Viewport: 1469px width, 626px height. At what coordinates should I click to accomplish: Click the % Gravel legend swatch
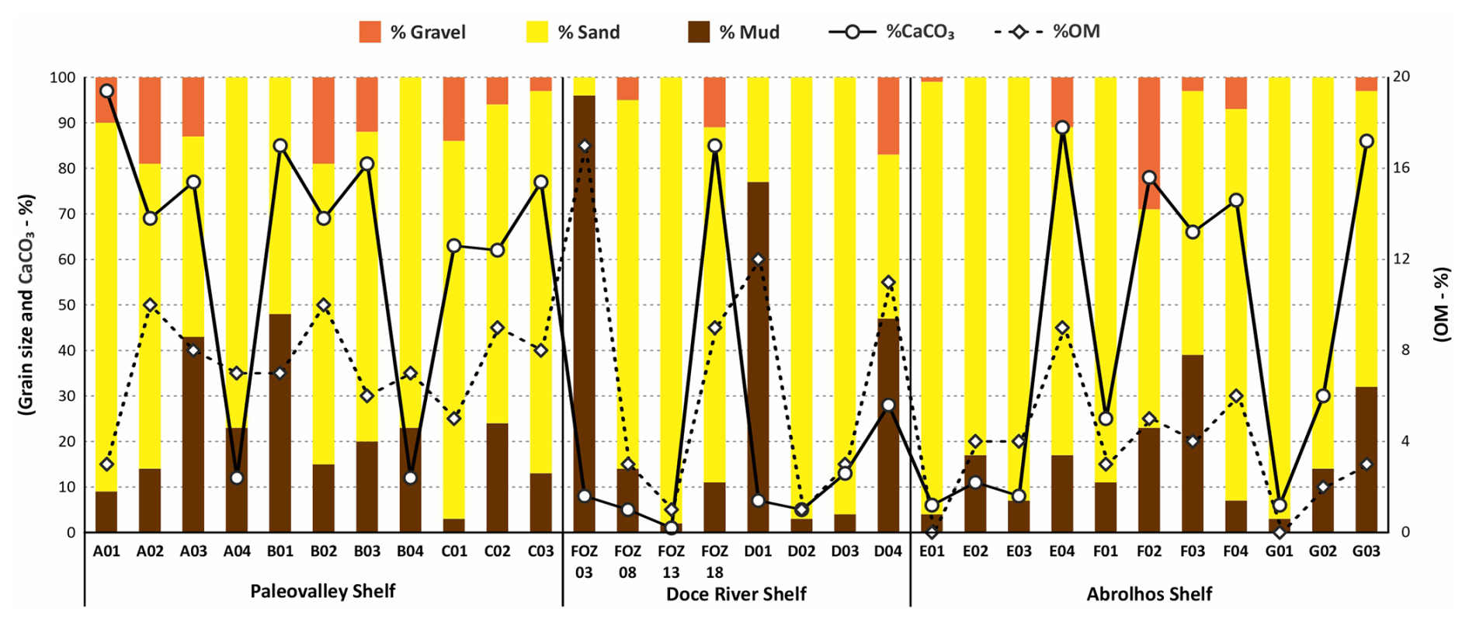click(x=370, y=32)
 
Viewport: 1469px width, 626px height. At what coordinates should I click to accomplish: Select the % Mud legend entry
click(x=748, y=32)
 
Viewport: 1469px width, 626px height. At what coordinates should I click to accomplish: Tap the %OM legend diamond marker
click(x=1018, y=32)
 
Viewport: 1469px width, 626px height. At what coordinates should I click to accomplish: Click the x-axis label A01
click(x=107, y=551)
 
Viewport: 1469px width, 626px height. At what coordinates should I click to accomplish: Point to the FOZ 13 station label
click(x=671, y=562)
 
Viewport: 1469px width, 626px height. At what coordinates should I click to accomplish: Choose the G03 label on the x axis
click(x=1366, y=551)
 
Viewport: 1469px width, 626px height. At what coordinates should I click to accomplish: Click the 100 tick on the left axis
click(x=62, y=78)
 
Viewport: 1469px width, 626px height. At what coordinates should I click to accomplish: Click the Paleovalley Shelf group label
click(x=322, y=592)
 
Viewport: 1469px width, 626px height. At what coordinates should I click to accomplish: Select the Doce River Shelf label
click(x=736, y=594)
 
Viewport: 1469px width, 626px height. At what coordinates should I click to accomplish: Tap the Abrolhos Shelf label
click(x=1149, y=594)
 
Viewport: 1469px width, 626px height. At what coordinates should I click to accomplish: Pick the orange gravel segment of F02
click(x=1149, y=143)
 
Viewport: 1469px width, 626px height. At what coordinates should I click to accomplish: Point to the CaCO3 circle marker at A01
click(x=107, y=91)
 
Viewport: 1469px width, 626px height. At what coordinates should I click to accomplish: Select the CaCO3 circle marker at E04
click(x=1062, y=127)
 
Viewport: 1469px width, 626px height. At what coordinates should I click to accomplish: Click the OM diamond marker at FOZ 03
click(x=585, y=146)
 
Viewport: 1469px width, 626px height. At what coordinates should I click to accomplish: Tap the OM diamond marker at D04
click(x=888, y=282)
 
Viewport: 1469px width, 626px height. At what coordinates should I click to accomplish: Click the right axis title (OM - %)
click(x=1442, y=304)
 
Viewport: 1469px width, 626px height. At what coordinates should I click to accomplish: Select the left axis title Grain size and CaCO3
click(x=27, y=304)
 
